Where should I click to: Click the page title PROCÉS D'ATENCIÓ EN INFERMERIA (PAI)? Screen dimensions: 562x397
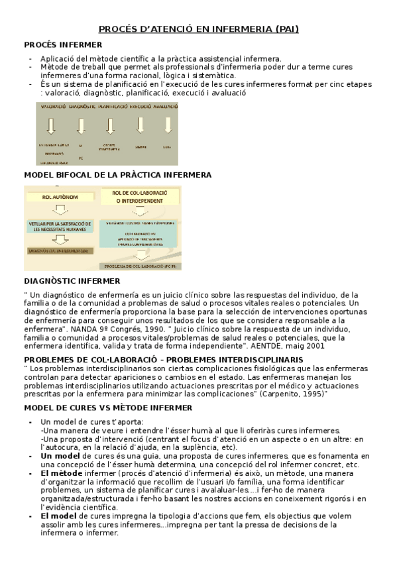click(x=198, y=29)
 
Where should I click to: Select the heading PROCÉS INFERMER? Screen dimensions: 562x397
click(x=63, y=44)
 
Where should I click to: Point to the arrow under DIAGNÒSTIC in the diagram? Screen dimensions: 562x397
click(x=81, y=125)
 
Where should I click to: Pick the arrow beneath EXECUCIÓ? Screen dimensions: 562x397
click(x=140, y=125)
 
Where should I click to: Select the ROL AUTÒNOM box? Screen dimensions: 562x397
click(x=60, y=197)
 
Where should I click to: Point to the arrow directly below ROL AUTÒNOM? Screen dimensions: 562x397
click(x=60, y=211)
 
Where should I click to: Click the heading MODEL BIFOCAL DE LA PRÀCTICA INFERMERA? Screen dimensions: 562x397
click(x=117, y=175)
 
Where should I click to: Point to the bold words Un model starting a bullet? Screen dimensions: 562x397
click(x=60, y=456)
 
